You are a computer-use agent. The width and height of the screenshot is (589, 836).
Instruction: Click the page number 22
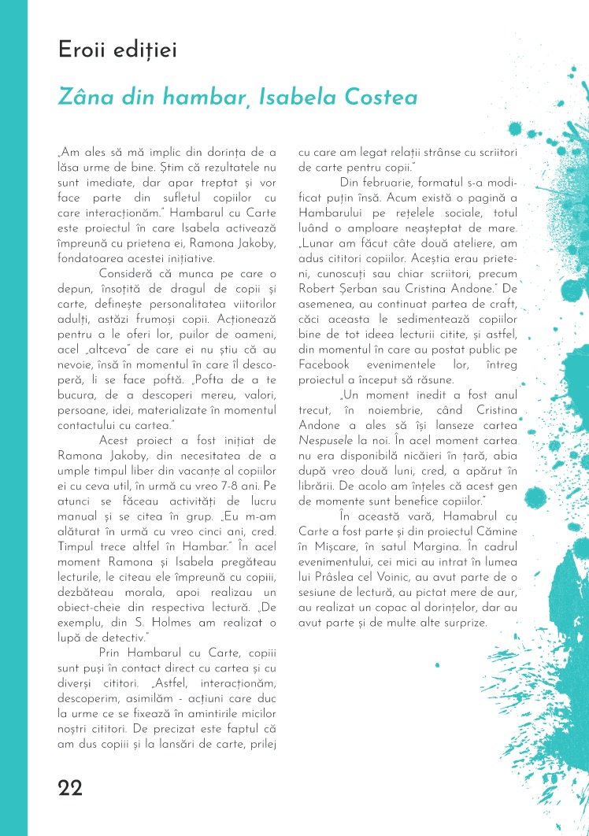pyautogui.click(x=70, y=788)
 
